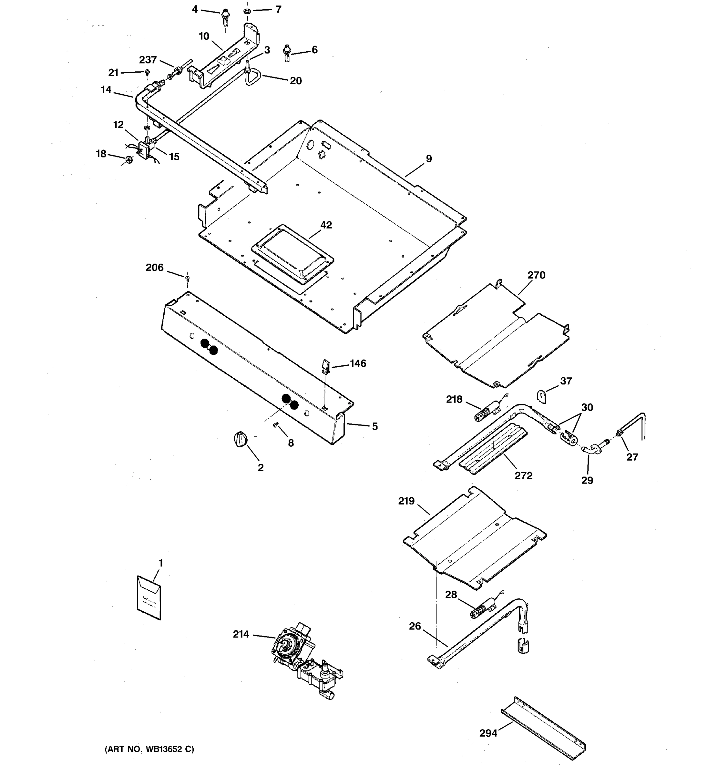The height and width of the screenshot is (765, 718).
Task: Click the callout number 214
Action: click(241, 634)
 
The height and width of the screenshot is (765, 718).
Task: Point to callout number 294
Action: click(488, 733)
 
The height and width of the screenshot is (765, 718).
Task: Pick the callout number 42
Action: click(326, 225)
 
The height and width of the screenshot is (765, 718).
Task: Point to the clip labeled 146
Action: click(326, 366)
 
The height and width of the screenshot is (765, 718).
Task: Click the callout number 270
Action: click(536, 275)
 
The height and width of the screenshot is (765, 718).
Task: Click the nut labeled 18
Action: click(129, 159)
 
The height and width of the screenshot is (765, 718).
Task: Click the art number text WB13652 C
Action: click(149, 749)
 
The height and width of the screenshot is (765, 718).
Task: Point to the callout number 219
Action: click(406, 501)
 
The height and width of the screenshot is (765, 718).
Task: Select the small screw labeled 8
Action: click(276, 425)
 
